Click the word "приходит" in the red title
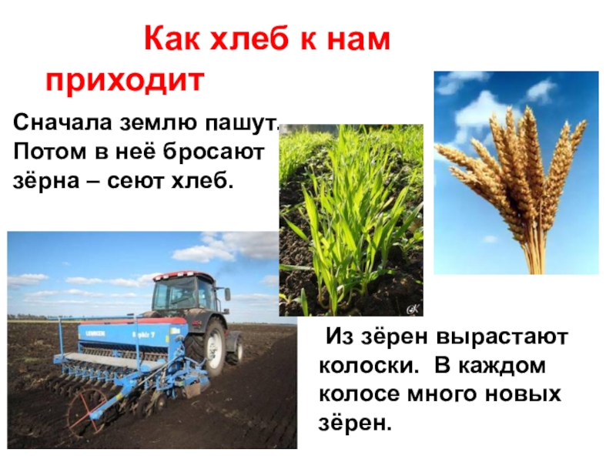click(125, 82)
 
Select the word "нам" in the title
click(358, 40)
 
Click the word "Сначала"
click(63, 122)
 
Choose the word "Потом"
click(49, 152)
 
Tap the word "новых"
click(523, 395)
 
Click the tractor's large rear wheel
click(209, 346)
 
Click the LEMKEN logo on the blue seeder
click(95, 333)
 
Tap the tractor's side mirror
click(227, 294)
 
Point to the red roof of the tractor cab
click(184, 275)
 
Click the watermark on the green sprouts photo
click(413, 310)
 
